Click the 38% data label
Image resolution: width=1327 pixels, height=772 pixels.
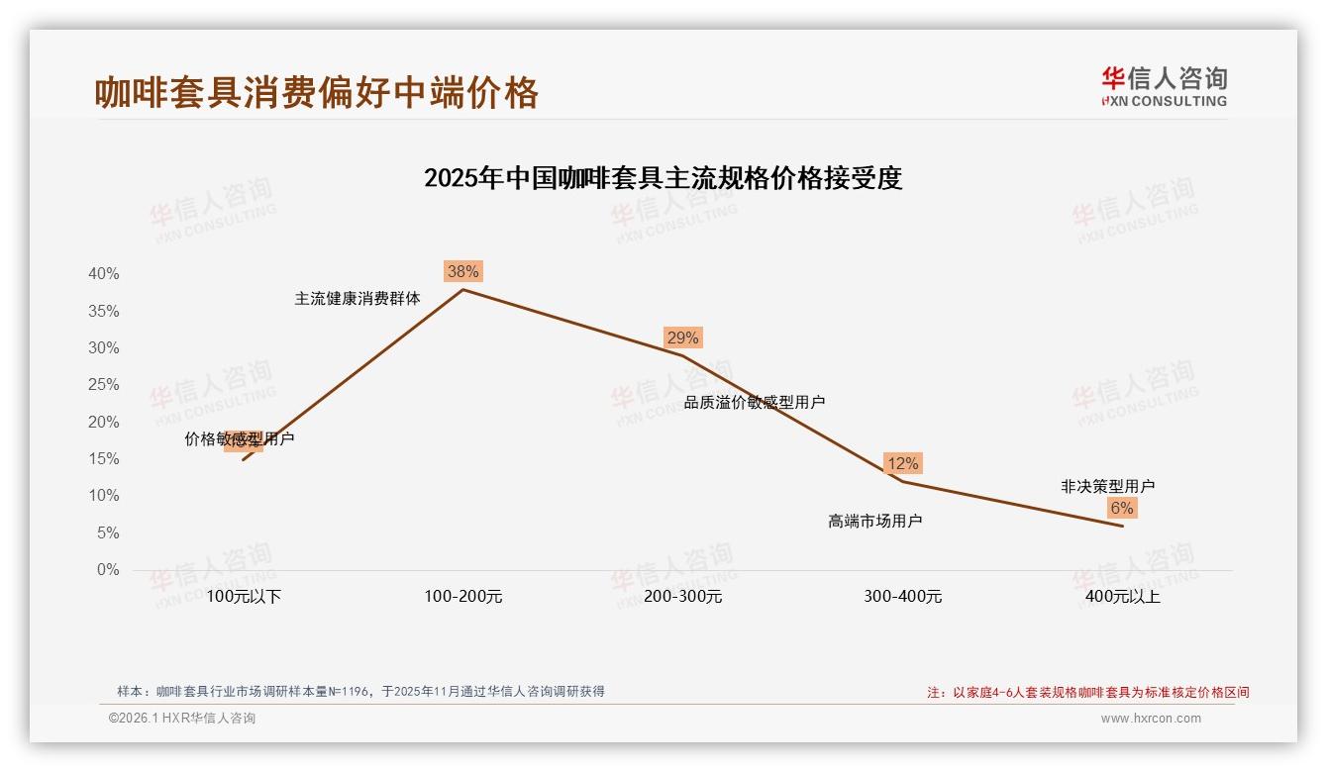tap(462, 271)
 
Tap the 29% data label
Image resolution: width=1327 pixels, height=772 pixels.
tap(682, 338)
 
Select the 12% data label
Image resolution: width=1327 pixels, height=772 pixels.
tap(902, 463)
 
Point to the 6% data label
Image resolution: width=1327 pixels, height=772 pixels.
tap(1121, 508)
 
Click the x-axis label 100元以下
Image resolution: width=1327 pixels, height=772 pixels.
tap(244, 597)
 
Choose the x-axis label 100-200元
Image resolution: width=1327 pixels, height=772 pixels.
tap(463, 597)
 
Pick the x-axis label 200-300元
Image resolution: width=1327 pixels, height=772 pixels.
tap(682, 597)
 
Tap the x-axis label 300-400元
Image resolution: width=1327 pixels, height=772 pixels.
tap(902, 597)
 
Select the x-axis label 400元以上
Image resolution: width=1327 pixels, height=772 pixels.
tap(1122, 597)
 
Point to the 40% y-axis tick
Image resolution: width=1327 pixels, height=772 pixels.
tap(104, 274)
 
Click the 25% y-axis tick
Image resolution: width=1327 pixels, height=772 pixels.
tap(104, 385)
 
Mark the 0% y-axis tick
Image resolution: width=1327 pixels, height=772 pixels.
tap(108, 570)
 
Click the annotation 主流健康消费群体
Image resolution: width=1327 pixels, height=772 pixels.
tap(357, 298)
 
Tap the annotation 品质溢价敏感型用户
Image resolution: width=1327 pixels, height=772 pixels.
tap(755, 402)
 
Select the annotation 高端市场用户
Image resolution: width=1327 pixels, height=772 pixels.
tap(875, 521)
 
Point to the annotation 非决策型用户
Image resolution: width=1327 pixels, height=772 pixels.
tap(1107, 486)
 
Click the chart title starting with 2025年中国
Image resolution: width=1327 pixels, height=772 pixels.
tap(663, 178)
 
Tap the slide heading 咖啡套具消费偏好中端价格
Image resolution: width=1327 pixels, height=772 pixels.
tap(317, 92)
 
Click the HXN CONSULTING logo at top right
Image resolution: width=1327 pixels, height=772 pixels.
tap(1164, 86)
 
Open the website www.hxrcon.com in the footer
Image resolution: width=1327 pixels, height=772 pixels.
tap(1151, 719)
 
